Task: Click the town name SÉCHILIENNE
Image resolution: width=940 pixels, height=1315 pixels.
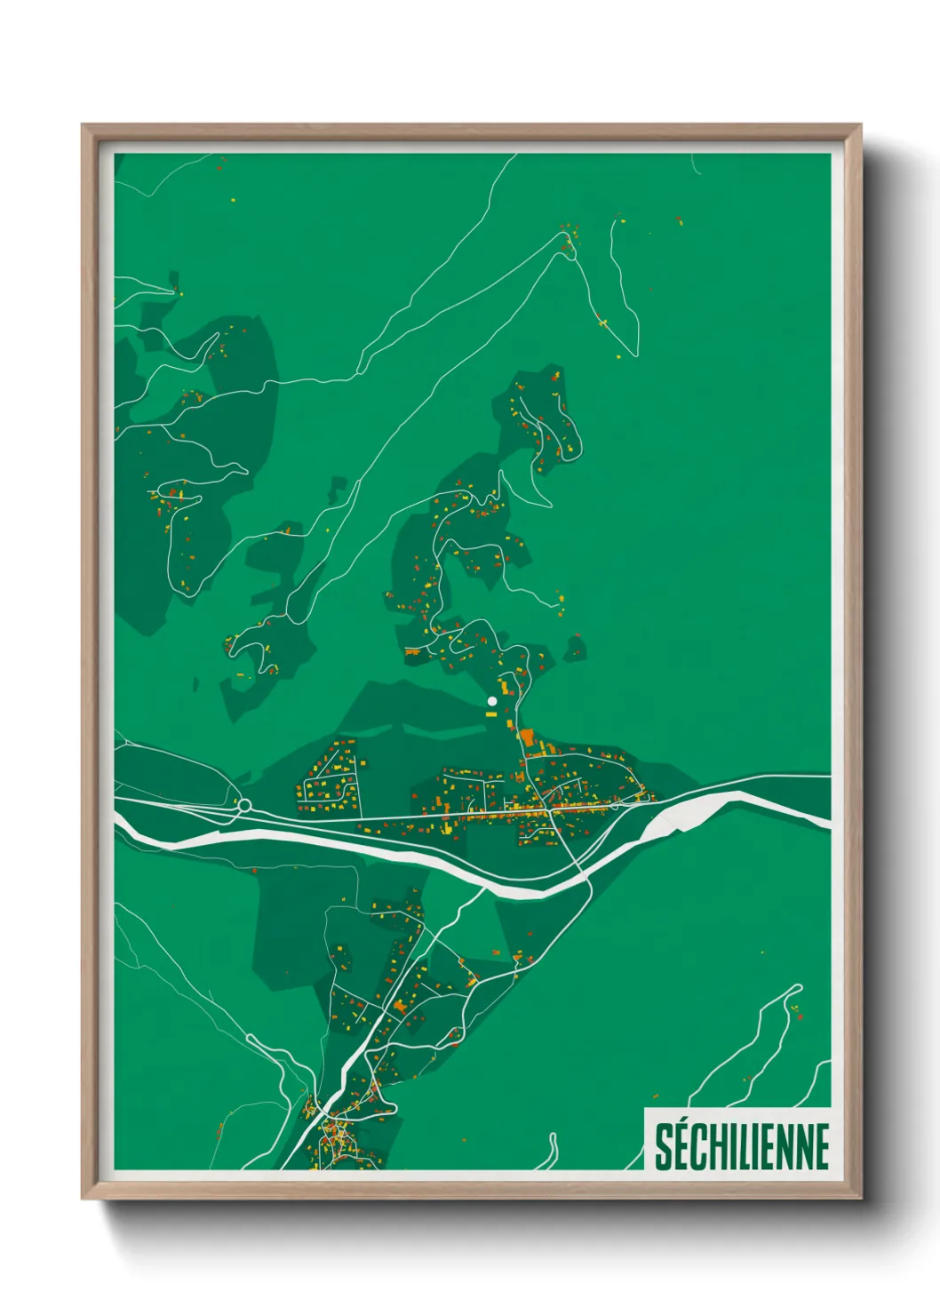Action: tap(742, 1146)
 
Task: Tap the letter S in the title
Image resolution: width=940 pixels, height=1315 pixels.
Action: tap(664, 1147)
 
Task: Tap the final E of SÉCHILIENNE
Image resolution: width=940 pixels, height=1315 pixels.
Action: tap(822, 1147)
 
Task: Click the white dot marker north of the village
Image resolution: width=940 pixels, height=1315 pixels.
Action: tap(491, 701)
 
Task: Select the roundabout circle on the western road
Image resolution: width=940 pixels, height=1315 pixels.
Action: tap(244, 806)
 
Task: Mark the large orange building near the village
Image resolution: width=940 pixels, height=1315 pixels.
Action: tap(527, 737)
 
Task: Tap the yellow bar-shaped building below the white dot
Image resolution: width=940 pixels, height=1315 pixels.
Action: tap(491, 713)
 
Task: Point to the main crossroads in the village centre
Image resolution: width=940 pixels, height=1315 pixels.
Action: tap(553, 809)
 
